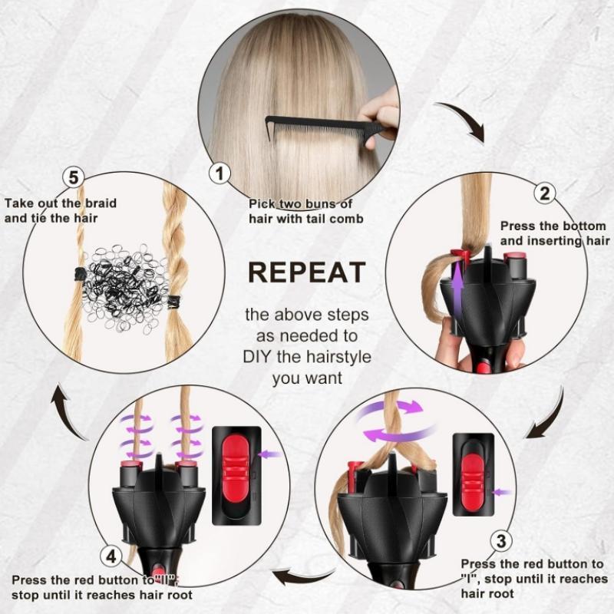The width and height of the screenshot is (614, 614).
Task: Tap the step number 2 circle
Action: [544, 193]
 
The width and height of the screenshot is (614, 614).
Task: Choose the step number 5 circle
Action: [73, 178]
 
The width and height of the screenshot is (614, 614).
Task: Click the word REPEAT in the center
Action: [306, 273]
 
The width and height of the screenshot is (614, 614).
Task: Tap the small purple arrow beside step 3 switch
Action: [503, 491]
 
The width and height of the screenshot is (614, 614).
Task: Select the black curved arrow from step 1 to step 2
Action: [462, 122]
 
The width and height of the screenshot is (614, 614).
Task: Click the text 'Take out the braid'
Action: [61, 203]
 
